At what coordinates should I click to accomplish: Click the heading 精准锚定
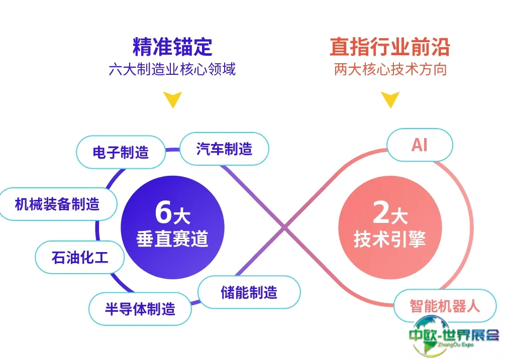(172, 47)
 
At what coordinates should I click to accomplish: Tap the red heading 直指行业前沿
(389, 47)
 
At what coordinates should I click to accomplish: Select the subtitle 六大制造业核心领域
(172, 69)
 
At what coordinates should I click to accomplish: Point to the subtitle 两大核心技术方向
(390, 69)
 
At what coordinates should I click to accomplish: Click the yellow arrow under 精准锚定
(173, 100)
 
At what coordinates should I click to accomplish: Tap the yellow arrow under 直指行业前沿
(389, 100)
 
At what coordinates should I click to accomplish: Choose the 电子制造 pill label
(121, 152)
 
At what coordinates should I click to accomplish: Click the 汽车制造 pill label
(224, 149)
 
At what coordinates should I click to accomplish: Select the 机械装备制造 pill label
(58, 204)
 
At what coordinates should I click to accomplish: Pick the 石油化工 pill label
(80, 258)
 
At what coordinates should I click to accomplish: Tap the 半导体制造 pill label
(140, 309)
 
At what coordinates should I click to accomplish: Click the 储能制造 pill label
(249, 292)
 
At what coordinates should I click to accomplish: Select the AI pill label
(419, 146)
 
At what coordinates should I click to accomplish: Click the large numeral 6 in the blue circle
(164, 212)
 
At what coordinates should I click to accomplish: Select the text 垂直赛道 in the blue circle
(172, 239)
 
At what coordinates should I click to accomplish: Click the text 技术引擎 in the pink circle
(389, 239)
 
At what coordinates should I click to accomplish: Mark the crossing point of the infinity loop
(284, 228)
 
